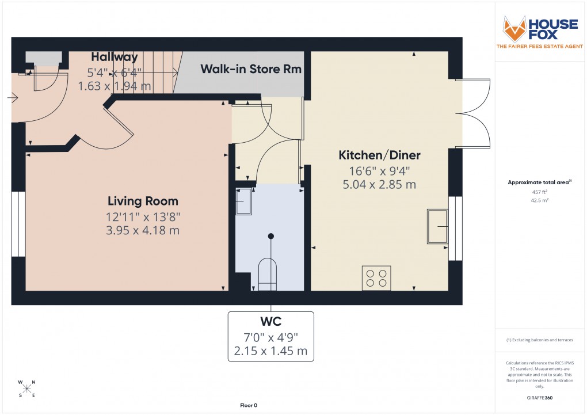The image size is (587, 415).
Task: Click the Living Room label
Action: click(x=143, y=201)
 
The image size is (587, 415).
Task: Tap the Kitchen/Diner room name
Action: click(x=379, y=155)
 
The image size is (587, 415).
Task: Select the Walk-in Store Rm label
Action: click(x=251, y=69)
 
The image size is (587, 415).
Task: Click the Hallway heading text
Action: click(x=115, y=57)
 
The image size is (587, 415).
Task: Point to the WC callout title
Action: click(x=271, y=321)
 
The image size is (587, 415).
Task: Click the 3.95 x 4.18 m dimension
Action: click(x=143, y=230)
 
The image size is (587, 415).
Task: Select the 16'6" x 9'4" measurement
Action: click(x=379, y=170)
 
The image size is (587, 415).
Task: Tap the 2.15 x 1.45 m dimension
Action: click(x=271, y=351)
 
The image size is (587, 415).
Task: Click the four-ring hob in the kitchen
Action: click(x=376, y=278)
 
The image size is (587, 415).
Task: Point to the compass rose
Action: click(x=27, y=389)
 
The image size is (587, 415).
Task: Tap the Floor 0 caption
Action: click(x=249, y=405)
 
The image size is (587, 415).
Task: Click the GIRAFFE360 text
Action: click(x=540, y=398)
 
